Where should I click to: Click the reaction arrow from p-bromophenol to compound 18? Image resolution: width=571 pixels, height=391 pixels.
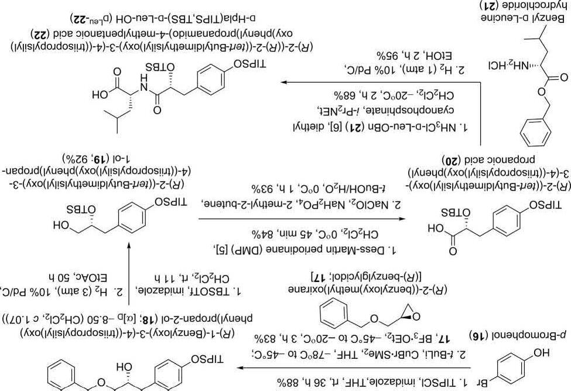(351, 368)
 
